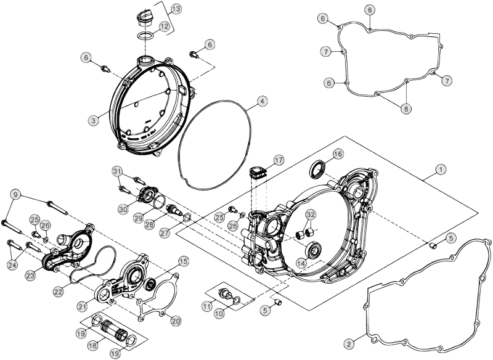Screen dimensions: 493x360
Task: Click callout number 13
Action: coord(176,9)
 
